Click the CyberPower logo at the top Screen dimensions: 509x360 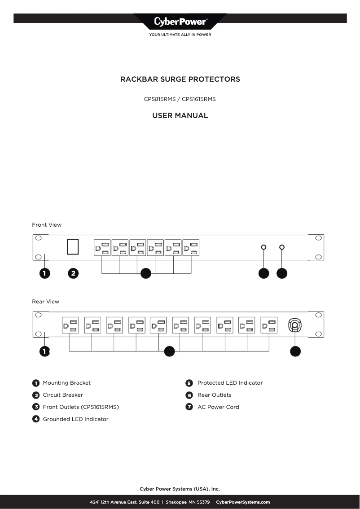point(180,22)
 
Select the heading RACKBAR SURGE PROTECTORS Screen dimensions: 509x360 point(180,79)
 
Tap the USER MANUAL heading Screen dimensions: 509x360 point(180,116)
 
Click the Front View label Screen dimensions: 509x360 point(47,225)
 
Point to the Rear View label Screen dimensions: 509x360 point(45,302)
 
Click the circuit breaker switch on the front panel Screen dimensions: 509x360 point(73,248)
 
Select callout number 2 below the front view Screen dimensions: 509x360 point(73,273)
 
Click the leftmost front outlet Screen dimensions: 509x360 point(102,248)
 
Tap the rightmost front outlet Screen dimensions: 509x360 point(191,248)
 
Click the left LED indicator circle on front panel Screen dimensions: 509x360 point(263,247)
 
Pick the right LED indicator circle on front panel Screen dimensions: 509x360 point(282,247)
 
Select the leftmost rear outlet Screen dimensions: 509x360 point(70,325)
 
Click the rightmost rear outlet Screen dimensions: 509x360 point(269,325)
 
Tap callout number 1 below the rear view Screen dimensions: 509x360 point(44,351)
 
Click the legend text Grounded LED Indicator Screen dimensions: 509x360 point(75,419)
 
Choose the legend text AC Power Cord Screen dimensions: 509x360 point(218,407)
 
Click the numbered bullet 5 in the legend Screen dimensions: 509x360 point(189,383)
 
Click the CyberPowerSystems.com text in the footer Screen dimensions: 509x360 point(243,502)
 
